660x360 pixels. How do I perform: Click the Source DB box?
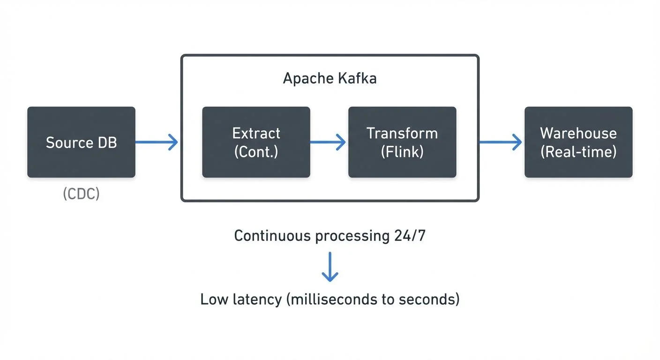[x=81, y=142]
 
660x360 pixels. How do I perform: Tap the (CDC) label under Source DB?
[x=81, y=194]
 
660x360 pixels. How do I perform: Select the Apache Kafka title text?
[x=330, y=78]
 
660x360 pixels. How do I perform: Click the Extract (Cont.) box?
[x=256, y=142]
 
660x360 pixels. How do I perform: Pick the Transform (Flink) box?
[x=402, y=142]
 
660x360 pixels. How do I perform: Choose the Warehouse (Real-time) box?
[x=578, y=142]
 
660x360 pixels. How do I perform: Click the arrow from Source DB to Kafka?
[x=157, y=142]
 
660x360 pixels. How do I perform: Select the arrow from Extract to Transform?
[x=328, y=142]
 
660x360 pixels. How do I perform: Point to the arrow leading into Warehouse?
[x=501, y=142]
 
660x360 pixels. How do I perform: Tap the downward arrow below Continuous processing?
[x=330, y=267]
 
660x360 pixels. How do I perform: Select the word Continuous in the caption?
[x=272, y=235]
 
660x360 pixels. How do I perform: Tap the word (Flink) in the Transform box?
[x=402, y=152]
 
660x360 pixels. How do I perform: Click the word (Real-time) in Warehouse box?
[x=578, y=152]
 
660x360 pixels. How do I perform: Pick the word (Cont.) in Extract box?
[x=256, y=152]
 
